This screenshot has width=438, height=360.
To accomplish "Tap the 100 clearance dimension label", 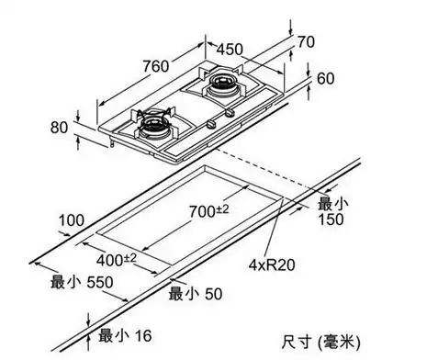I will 70,219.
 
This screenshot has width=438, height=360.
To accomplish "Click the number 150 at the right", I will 330,219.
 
